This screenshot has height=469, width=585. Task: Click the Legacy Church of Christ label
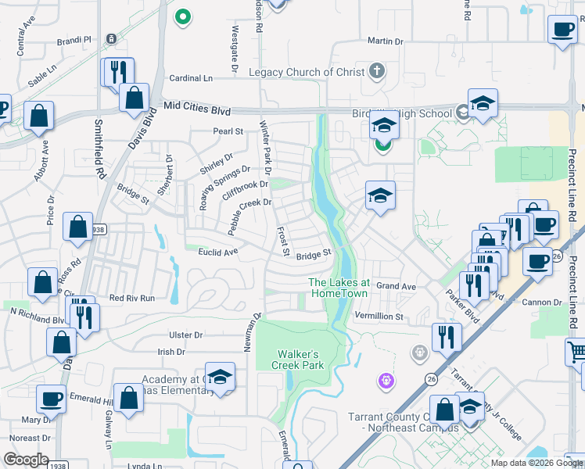[307, 73]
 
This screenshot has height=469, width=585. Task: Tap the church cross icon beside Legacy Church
[376, 72]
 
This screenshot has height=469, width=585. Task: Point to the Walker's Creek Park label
[298, 359]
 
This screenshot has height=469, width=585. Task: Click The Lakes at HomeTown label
[339, 287]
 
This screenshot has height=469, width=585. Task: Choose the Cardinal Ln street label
[191, 78]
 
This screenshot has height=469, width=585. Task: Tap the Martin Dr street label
[385, 41]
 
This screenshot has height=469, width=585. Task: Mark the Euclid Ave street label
[218, 252]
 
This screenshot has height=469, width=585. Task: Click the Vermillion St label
[379, 317]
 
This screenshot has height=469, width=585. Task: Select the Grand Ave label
[395, 286]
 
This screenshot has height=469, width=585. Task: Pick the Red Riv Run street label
[132, 298]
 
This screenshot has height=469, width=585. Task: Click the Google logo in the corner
[25, 460]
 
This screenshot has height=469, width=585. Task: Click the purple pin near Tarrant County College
[385, 381]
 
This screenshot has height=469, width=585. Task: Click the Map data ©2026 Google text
[536, 463]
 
